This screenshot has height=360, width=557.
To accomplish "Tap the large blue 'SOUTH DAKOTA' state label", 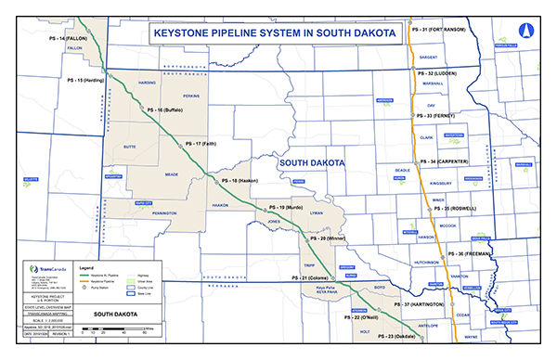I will pos(310,162).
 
